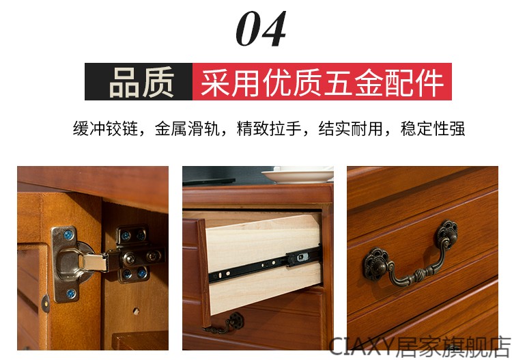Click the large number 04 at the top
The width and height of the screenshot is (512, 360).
point(261,29)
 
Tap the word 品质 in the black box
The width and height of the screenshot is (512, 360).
point(141,82)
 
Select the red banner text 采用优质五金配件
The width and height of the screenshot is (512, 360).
point(322,82)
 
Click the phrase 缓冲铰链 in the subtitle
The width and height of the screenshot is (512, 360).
point(105,128)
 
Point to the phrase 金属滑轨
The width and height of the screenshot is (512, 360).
point(187,128)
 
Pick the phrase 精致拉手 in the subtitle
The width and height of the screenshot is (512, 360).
point(269,128)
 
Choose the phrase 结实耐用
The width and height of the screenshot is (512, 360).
point(351,128)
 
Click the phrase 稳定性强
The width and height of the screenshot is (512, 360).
point(433,128)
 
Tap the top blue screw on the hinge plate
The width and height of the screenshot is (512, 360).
point(68,234)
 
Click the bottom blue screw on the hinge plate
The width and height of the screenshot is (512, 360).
point(71,294)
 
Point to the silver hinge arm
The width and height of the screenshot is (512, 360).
point(95,262)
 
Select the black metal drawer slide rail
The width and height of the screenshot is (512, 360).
point(264,264)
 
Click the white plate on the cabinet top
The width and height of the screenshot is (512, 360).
point(298,176)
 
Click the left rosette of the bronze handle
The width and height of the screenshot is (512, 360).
point(376,264)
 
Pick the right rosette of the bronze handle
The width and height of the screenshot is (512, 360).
point(446,234)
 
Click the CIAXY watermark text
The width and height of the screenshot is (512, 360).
point(420,347)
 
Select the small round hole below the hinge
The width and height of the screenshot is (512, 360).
point(136,311)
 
